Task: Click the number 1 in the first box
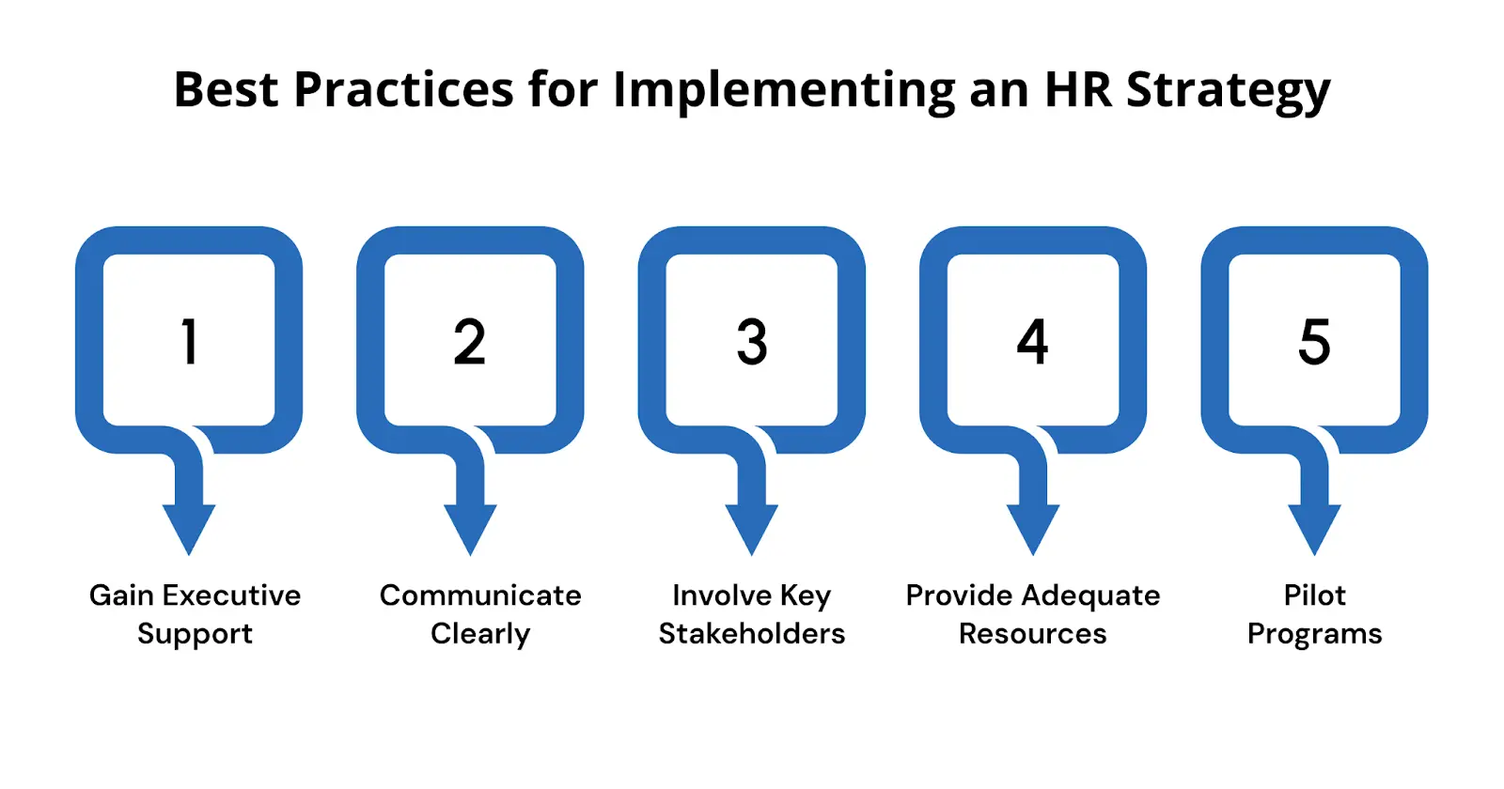click(x=189, y=341)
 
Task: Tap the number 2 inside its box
click(x=470, y=341)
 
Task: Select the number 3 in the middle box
click(x=752, y=341)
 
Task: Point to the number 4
click(x=1032, y=341)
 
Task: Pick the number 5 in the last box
click(x=1314, y=341)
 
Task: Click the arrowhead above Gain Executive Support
click(x=189, y=528)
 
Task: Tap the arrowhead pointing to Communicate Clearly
click(x=470, y=528)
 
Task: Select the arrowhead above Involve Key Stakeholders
click(x=752, y=528)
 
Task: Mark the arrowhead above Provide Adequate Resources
click(x=1033, y=528)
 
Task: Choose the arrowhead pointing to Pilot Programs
click(x=1314, y=528)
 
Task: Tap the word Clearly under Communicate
click(x=480, y=634)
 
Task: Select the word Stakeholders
click(x=752, y=634)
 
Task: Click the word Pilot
click(x=1314, y=596)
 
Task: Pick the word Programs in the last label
click(x=1314, y=635)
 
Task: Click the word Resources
click(x=1032, y=634)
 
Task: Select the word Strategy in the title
click(x=1229, y=92)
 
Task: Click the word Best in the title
click(x=227, y=90)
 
